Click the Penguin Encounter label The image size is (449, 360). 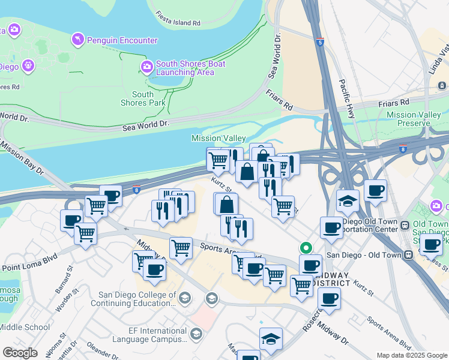pos(122,41)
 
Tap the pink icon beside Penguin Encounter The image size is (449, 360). pos(77,40)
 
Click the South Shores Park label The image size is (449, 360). pos(143,98)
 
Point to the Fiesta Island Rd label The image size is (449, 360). pos(177,19)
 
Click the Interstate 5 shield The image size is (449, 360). pos(321,43)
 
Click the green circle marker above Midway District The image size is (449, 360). pos(306,247)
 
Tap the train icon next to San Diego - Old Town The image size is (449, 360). pos(409,254)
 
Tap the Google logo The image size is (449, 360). pos(20,353)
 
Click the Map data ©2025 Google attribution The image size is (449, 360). pos(411,355)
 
